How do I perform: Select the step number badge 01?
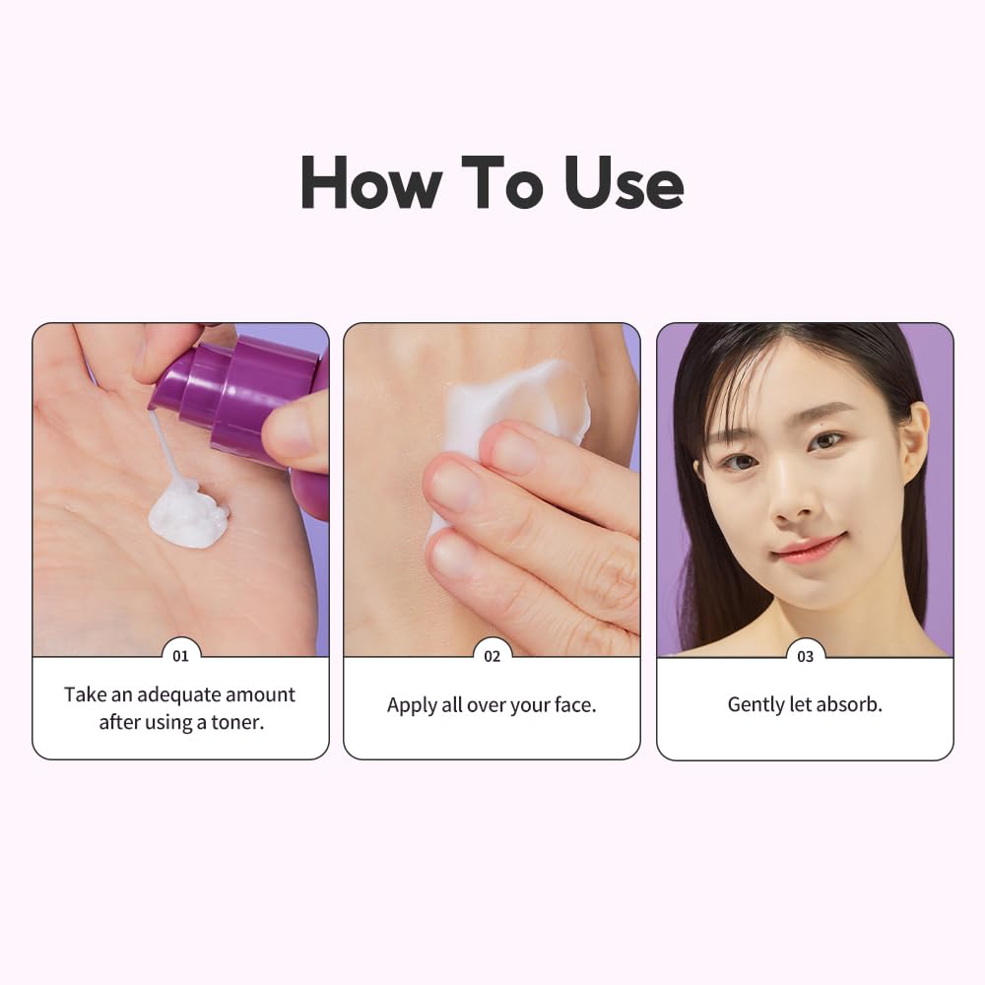pos(180,656)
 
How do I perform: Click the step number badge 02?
pos(492,656)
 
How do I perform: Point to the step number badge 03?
pos(805,656)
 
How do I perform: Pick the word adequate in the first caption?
pos(180,693)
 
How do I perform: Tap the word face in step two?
pos(572,705)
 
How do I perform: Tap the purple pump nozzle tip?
pos(164,390)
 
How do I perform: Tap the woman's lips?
pos(808,548)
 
